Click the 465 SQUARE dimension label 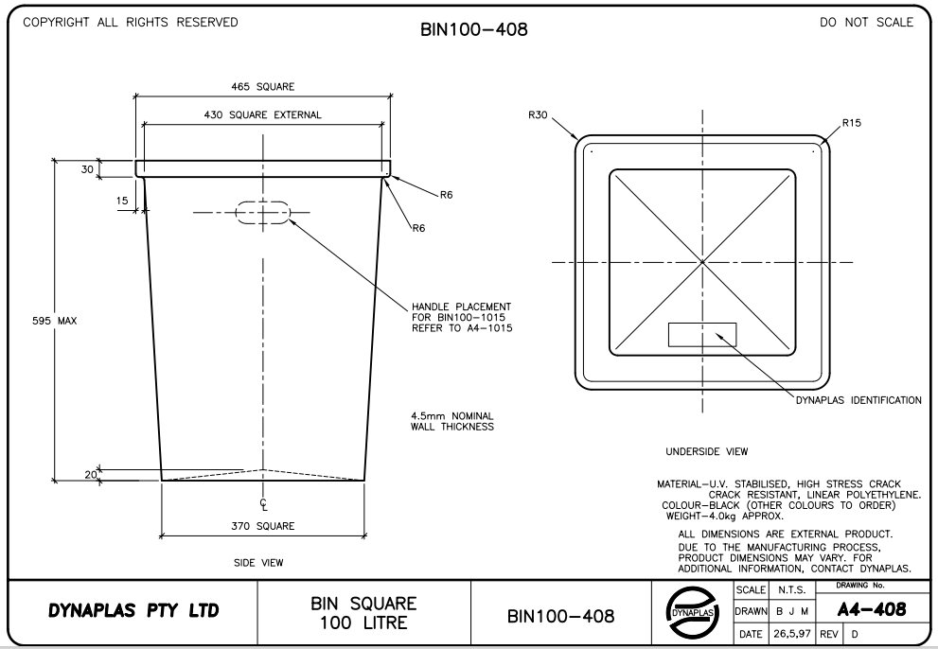tap(263, 87)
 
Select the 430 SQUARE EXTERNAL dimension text tap(263, 115)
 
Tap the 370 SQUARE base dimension tap(263, 526)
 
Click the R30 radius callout tap(538, 115)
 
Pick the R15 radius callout tap(851, 123)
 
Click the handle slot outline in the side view tap(263, 213)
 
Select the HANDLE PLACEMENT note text tap(461, 317)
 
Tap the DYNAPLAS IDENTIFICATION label tap(858, 400)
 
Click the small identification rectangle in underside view tap(701, 334)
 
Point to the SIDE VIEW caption tap(258, 563)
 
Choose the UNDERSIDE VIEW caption tap(705, 451)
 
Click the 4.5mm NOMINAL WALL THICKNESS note tap(451, 421)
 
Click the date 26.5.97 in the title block tap(789, 633)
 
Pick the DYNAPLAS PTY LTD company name tap(133, 611)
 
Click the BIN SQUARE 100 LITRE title tap(363, 613)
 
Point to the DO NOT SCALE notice tap(866, 22)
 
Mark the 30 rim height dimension tap(88, 169)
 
